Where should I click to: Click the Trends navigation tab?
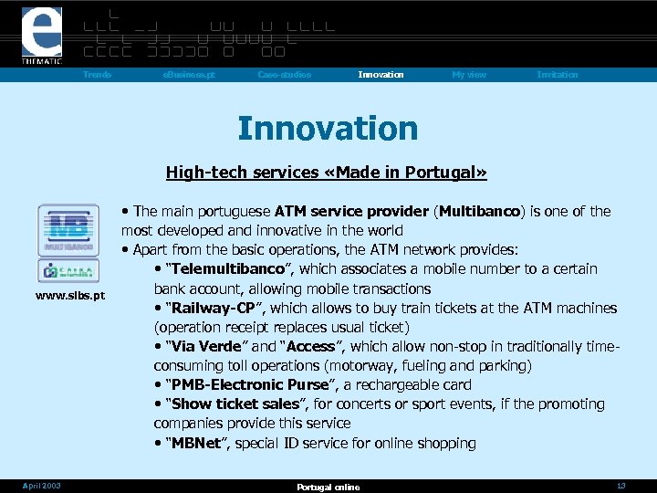(97, 75)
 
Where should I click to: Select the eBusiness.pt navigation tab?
(189, 75)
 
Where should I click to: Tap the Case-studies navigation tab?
(284, 75)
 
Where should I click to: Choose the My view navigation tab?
(469, 75)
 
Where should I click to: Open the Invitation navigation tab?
(557, 75)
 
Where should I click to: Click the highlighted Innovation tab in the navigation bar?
(381, 75)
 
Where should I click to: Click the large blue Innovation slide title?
(328, 129)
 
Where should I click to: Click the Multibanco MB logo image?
(68, 229)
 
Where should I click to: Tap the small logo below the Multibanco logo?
(68, 271)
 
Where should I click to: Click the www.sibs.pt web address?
(69, 296)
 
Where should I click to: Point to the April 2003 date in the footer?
(43, 486)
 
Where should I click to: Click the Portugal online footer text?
(328, 487)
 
